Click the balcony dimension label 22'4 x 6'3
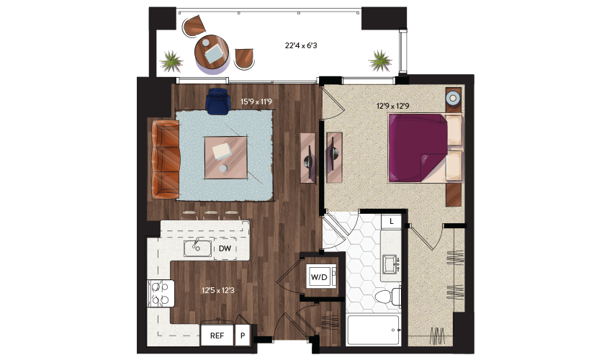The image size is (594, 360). click(301, 45)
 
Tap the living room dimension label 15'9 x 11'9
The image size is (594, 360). click(256, 102)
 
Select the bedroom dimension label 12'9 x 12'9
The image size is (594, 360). click(393, 106)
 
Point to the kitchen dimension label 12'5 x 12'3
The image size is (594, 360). click(218, 290)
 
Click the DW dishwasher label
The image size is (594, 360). click(225, 248)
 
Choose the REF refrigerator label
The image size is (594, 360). click(217, 336)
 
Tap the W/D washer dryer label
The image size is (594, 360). click(319, 277)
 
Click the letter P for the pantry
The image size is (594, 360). click(243, 336)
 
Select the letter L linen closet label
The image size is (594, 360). click(392, 221)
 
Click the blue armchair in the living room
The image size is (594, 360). click(218, 102)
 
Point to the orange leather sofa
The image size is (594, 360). click(166, 159)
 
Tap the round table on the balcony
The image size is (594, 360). click(212, 53)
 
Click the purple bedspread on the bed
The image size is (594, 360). click(418, 148)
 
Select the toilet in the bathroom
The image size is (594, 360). click(388, 297)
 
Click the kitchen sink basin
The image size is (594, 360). click(197, 248)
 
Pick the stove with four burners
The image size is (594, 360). click(161, 293)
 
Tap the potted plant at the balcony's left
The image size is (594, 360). click(171, 61)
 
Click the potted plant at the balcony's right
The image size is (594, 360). click(380, 60)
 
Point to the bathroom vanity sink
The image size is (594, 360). click(390, 264)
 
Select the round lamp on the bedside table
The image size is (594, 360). click(453, 98)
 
